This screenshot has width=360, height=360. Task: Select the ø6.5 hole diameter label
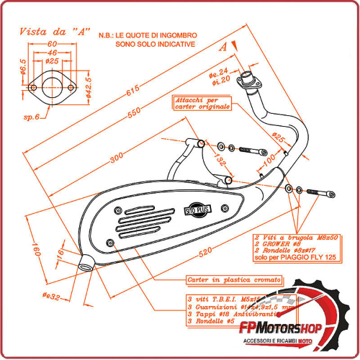coord(22,70)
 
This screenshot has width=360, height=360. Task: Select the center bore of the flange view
coord(53,89)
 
